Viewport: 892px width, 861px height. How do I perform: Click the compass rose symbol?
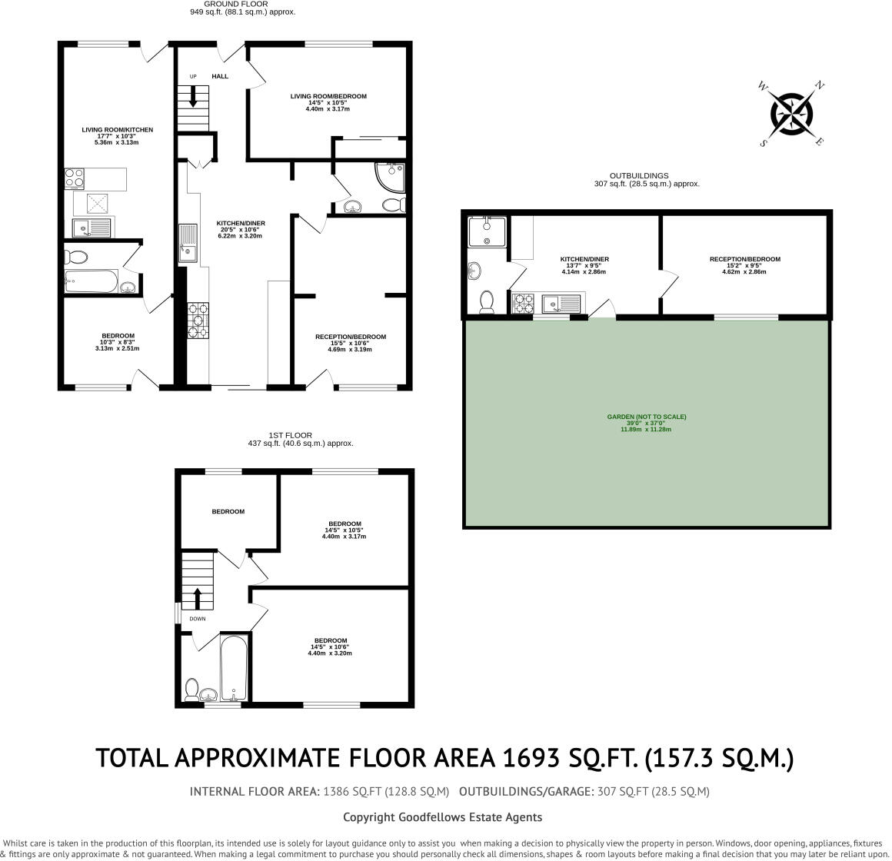coord(791,113)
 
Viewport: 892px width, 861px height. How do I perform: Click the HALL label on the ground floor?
coord(220,76)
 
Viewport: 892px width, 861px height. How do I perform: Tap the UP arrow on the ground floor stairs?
coord(193,97)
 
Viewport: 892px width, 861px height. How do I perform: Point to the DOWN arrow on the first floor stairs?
coord(198,599)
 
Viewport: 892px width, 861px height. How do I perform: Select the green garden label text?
coord(646,423)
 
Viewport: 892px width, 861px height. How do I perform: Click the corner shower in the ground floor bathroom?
coord(391,177)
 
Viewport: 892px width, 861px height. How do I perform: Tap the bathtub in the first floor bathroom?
coord(234,668)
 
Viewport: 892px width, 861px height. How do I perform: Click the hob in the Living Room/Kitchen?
coord(75,178)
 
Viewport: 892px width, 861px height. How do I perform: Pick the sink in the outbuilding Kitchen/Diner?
coord(561,304)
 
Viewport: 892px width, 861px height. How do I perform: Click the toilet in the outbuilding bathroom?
coord(487,302)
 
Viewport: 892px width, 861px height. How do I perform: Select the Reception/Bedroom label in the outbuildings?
coord(744,259)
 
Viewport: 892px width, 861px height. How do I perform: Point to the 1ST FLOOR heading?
coord(290,435)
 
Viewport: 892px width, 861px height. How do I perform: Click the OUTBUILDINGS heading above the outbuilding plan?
coord(639,176)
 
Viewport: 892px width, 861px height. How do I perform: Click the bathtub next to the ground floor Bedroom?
coord(91,281)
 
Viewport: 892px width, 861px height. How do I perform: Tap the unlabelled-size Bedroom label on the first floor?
coord(228,511)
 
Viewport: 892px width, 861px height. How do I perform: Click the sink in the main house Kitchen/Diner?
coord(188,243)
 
